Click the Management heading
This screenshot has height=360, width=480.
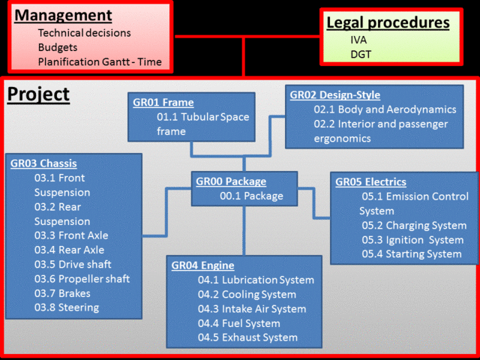64,15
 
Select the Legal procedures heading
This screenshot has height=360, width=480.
388,22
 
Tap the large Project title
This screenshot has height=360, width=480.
38,95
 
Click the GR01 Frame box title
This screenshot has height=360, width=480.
163,103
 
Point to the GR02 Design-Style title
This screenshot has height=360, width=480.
335,95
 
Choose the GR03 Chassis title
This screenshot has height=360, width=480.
43,163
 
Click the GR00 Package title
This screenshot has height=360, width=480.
231,181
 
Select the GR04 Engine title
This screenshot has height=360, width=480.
202,265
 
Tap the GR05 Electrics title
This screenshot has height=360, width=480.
370,182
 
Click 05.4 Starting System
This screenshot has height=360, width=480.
412,253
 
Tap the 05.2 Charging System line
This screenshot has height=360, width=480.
414,225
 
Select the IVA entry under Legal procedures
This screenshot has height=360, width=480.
358,40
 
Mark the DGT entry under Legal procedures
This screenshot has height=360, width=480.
361,54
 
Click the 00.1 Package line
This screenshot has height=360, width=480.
251,196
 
